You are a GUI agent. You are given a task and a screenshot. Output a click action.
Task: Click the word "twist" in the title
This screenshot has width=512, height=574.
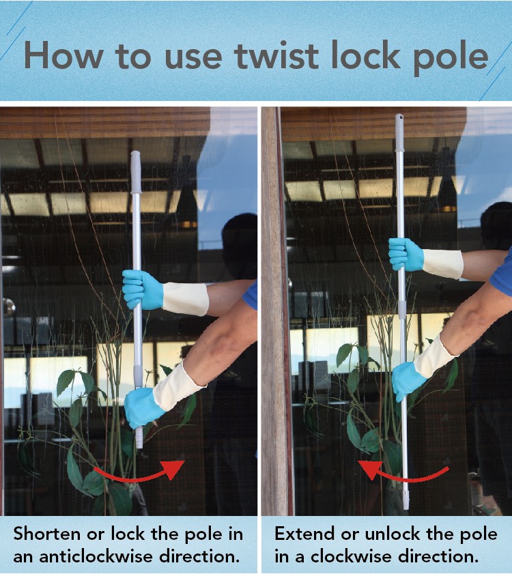(276, 56)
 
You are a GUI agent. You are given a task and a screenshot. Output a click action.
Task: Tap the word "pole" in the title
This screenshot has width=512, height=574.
(451, 59)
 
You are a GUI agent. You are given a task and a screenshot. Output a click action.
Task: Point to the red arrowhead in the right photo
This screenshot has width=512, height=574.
(369, 470)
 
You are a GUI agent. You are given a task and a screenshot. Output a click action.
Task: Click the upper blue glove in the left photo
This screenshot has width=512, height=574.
(143, 289)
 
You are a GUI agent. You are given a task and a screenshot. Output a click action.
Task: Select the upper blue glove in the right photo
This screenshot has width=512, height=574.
(406, 255)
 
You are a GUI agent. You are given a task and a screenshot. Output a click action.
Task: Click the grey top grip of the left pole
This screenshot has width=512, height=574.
(136, 172)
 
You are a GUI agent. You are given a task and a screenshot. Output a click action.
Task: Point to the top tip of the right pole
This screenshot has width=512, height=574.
(399, 115)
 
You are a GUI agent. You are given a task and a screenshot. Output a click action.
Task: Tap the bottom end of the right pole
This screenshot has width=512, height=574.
(406, 508)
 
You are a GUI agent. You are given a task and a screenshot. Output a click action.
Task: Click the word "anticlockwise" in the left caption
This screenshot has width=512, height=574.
(96, 557)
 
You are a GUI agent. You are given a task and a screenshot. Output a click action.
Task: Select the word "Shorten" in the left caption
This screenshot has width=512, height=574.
(47, 534)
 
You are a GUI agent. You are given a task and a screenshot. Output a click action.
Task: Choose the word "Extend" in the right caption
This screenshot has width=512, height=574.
(304, 534)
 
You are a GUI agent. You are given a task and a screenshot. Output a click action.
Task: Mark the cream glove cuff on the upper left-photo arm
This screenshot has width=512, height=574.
(186, 299)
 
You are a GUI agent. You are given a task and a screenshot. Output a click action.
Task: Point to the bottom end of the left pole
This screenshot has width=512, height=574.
(139, 446)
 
